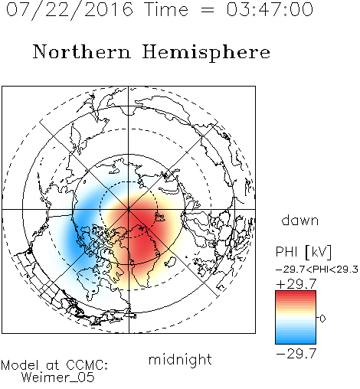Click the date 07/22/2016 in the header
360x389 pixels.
tap(70, 10)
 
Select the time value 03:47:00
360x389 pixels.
tap(270, 10)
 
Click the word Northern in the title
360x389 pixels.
tap(82, 51)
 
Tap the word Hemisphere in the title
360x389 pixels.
tap(206, 53)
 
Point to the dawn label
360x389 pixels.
tap(300, 221)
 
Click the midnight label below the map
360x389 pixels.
tap(180, 359)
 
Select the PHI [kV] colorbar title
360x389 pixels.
tap(303, 252)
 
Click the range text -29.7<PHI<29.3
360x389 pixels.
tap(317, 270)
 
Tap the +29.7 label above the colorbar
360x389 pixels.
tap(296, 284)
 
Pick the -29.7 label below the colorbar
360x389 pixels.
tap(296, 354)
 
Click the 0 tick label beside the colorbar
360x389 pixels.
tap(322, 319)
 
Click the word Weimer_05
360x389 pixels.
tap(58, 378)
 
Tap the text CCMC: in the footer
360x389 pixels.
tap(87, 365)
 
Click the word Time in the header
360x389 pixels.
tap(166, 10)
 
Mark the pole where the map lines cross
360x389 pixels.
tap(129, 210)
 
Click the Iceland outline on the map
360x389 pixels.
tap(170, 262)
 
